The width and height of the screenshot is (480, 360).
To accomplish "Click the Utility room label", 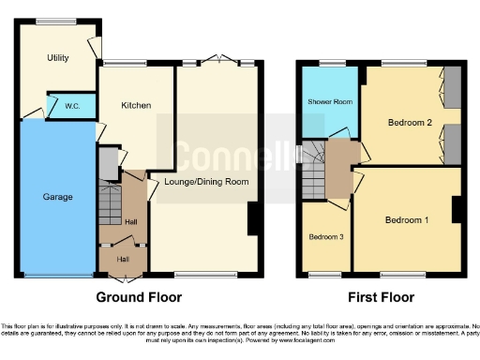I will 58,58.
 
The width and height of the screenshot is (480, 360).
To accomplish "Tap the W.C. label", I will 71,106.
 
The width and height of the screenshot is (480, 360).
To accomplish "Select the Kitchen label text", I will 136,105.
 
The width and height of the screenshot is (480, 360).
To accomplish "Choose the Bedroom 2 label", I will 409,123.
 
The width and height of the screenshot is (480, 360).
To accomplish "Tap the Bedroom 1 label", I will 407,219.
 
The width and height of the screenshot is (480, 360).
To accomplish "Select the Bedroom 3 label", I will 326,237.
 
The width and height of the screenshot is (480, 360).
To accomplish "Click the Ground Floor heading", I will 137,297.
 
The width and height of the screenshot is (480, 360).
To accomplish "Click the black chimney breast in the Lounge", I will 253,219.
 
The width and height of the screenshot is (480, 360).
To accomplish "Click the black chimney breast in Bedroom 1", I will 457,210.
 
